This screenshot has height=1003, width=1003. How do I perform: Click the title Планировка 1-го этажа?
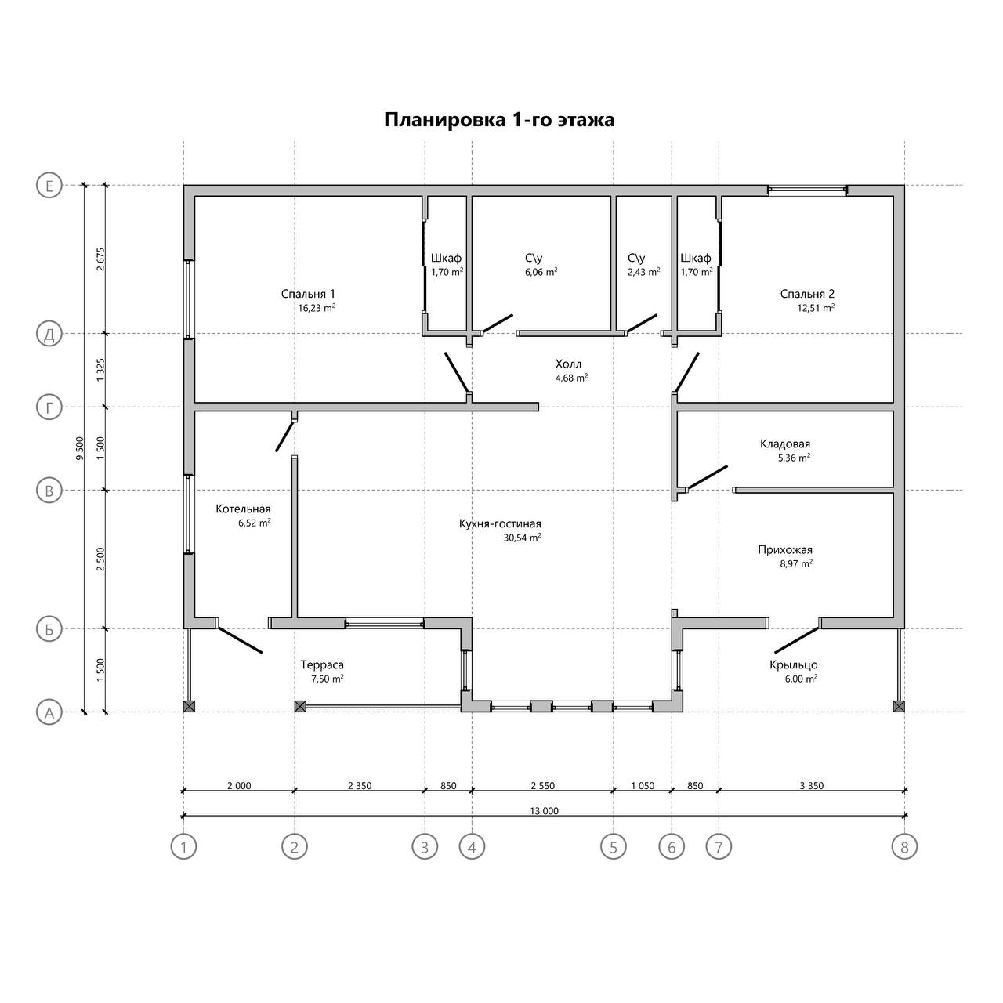(x=499, y=120)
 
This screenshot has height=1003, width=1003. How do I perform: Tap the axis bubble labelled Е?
(x=49, y=186)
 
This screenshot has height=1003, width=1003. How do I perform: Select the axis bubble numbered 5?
(x=613, y=847)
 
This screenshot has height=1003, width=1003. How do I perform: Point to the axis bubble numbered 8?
(x=904, y=847)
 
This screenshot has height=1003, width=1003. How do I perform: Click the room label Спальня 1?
(x=308, y=294)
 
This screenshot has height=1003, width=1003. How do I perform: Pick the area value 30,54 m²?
(x=522, y=538)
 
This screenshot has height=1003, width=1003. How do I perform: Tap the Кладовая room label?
(x=785, y=444)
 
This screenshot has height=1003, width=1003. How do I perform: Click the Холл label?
(x=568, y=364)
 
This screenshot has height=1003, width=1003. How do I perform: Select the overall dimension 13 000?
(x=544, y=811)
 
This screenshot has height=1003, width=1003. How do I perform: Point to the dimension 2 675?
(x=100, y=259)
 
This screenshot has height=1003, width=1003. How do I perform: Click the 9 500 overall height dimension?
(x=79, y=448)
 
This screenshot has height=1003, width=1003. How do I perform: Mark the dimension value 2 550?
(x=542, y=785)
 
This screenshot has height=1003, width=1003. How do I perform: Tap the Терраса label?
(x=322, y=664)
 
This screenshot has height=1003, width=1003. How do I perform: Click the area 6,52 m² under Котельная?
(x=255, y=523)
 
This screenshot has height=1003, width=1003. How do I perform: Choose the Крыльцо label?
(x=793, y=665)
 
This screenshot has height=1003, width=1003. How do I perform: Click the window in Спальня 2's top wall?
(x=808, y=190)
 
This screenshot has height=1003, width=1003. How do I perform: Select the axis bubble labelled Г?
(x=49, y=407)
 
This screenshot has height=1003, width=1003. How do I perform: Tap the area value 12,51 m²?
(x=816, y=308)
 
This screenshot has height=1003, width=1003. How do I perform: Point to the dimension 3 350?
(x=812, y=785)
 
